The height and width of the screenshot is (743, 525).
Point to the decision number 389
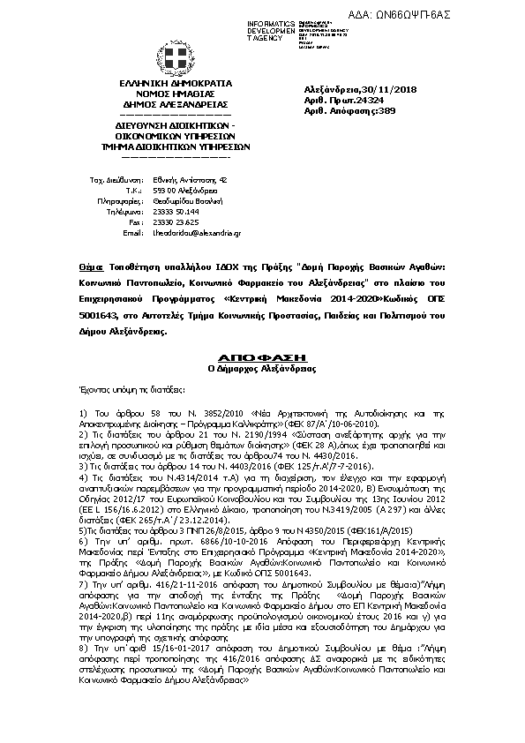pyautogui.click(x=384, y=112)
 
